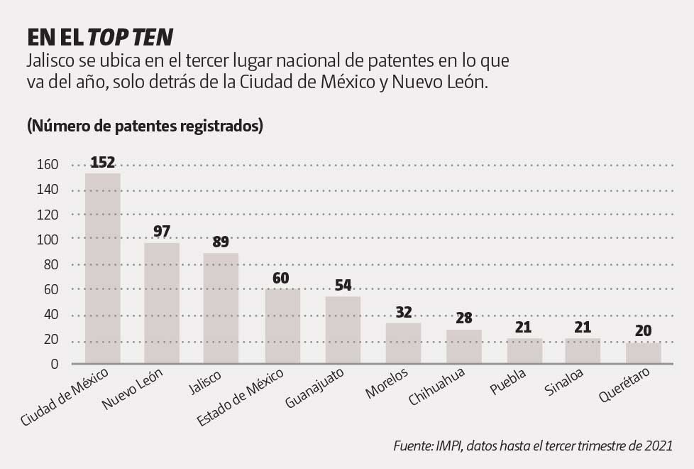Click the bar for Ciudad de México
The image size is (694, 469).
[x=103, y=269]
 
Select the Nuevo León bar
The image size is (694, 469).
[x=162, y=303]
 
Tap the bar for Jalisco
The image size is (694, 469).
[x=221, y=308]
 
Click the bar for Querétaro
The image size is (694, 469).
[x=644, y=353]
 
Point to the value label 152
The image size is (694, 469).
[x=103, y=163]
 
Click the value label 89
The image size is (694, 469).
[x=221, y=242]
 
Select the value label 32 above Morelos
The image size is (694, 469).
[x=403, y=312]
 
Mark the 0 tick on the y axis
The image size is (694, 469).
[x=53, y=365]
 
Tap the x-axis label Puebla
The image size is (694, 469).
[x=508, y=383]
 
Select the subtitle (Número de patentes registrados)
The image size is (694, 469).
[x=145, y=126]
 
